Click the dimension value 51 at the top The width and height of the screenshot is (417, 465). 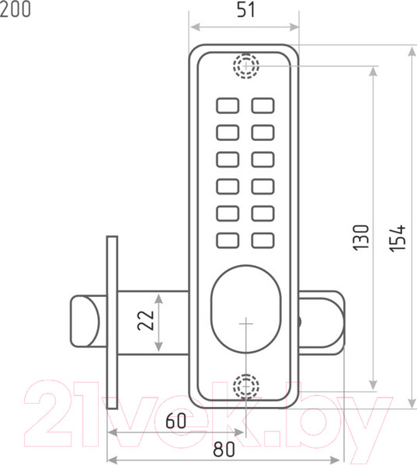pos(246,10)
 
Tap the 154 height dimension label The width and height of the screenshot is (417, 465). pos(398,239)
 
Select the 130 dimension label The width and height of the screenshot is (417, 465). pos(361,237)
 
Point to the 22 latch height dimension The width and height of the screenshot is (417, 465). pos(145,320)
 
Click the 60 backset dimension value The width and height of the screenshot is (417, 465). pos(176,420)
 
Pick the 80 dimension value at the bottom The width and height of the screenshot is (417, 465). pos(224,449)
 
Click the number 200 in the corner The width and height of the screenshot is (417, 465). pos(15,9)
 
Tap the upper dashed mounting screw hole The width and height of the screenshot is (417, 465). pos(246,66)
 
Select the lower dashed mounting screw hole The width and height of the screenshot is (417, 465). pos(246,386)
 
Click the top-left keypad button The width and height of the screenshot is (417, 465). pos(228,105)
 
